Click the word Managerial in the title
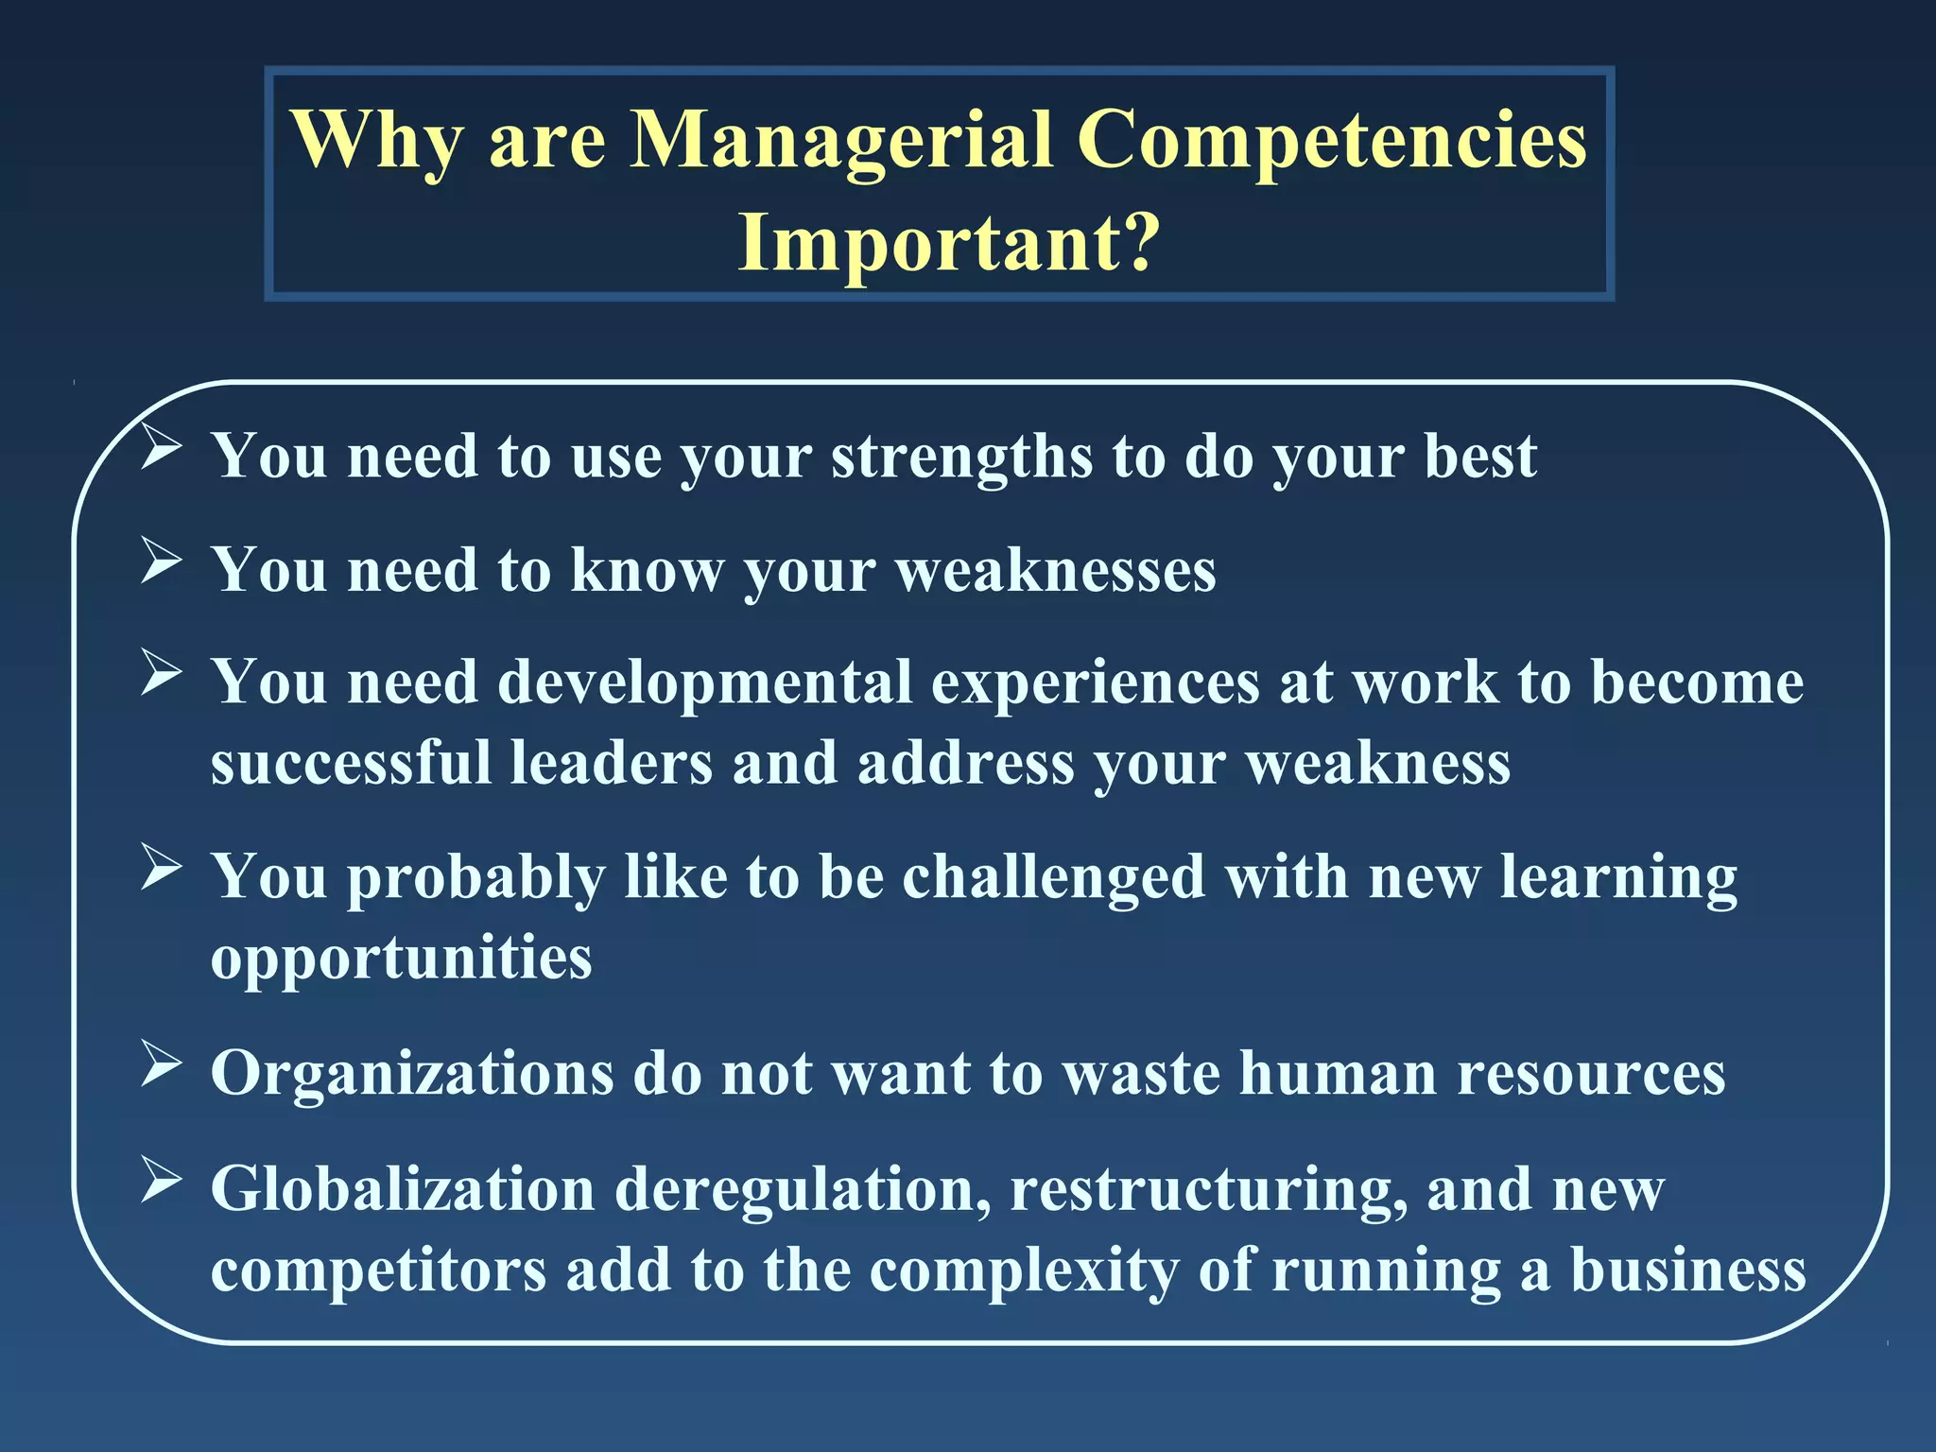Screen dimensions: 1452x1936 click(x=840, y=140)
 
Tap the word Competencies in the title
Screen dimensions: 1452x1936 click(x=1332, y=140)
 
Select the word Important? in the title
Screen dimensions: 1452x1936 click(x=948, y=242)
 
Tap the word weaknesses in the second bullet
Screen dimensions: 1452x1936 click(x=1055, y=570)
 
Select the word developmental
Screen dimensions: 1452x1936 click(x=704, y=683)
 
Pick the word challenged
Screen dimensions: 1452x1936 click(x=1053, y=877)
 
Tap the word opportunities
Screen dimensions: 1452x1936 click(x=401, y=959)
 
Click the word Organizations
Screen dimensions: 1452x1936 click(x=412, y=1074)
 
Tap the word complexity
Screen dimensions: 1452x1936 click(x=1024, y=1270)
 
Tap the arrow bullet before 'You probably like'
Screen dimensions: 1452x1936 click(x=162, y=867)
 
